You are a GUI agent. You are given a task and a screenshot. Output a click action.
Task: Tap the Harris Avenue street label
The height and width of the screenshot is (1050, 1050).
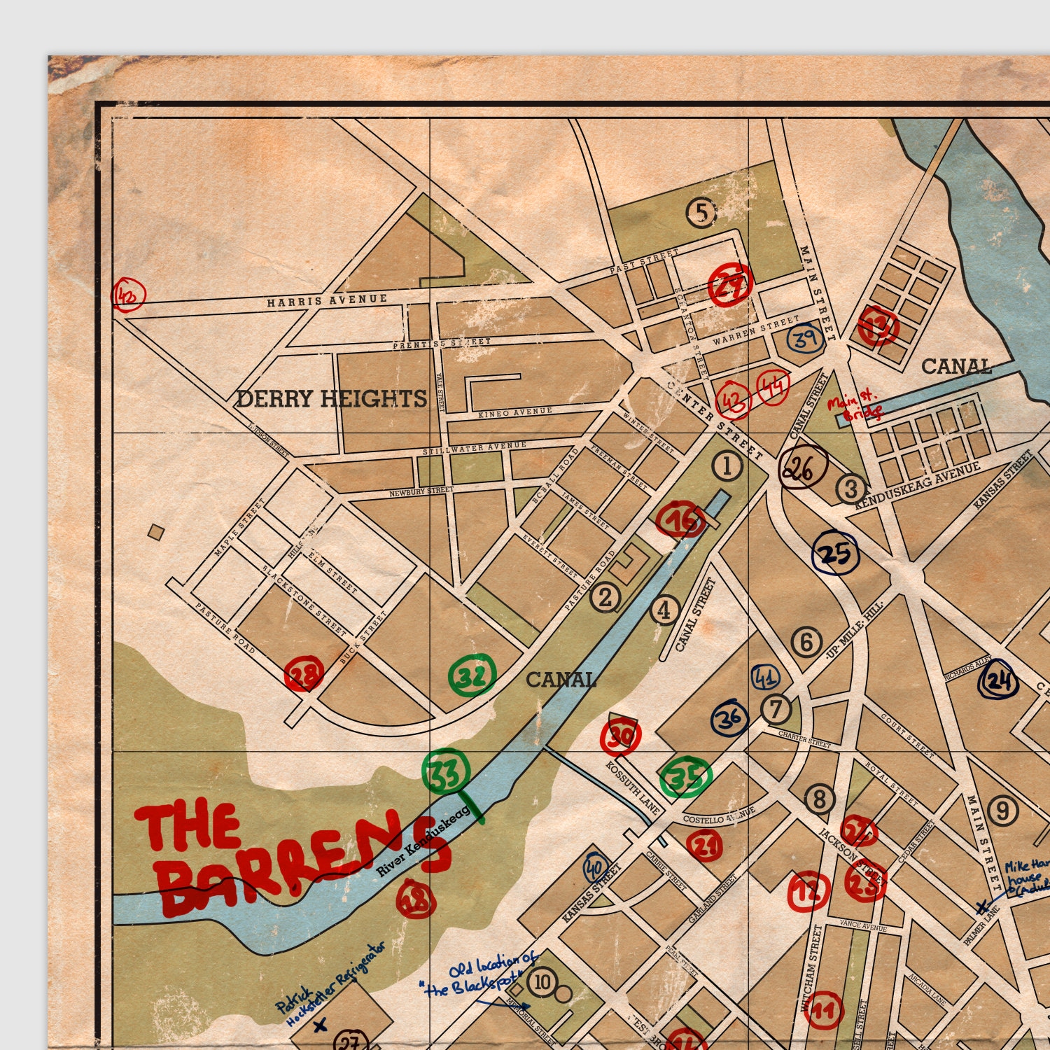click(x=326, y=300)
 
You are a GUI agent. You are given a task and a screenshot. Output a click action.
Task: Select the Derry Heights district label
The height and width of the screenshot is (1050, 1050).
click(x=331, y=399)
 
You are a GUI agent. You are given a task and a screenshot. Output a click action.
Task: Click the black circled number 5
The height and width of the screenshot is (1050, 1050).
click(x=701, y=213)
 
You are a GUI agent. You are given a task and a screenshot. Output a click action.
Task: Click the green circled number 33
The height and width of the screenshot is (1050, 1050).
click(x=446, y=772)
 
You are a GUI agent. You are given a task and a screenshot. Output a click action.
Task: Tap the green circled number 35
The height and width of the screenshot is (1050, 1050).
click(x=687, y=778)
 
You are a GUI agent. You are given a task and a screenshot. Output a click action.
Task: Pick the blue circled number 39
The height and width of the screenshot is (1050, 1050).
click(x=804, y=339)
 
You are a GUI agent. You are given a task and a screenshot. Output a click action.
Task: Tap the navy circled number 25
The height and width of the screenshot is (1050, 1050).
click(x=835, y=553)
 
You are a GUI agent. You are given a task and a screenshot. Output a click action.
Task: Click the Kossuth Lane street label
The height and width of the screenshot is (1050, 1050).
click(x=633, y=788)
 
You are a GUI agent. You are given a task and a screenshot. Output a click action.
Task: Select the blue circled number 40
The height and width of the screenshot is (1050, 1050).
click(x=595, y=869)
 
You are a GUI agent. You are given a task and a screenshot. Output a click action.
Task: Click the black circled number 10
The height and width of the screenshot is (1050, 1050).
click(x=542, y=982)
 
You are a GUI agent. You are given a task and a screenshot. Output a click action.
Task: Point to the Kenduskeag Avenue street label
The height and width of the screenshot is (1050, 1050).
click(x=918, y=484)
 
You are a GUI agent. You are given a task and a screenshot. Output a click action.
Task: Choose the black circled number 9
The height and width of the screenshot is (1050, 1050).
click(x=1003, y=811)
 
